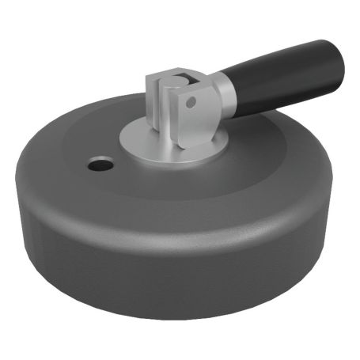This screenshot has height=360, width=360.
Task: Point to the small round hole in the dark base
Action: (100, 165)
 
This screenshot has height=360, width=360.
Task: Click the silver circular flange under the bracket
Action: (142, 142)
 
